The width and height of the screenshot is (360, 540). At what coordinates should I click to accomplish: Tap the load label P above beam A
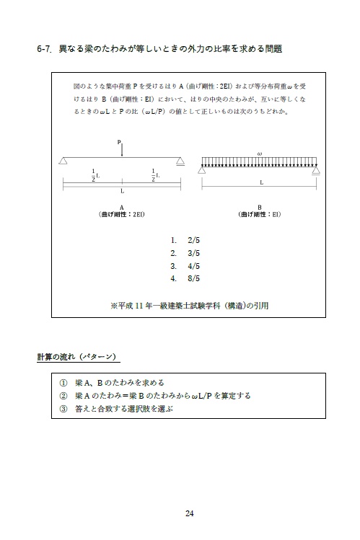click(120, 142)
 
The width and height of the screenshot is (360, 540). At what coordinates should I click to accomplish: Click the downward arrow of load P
click(122, 151)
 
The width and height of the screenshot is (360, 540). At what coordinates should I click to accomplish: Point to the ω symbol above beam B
click(259, 153)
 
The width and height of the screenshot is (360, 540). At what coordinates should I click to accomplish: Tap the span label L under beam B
click(260, 183)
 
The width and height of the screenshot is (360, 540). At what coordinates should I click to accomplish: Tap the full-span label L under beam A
click(122, 192)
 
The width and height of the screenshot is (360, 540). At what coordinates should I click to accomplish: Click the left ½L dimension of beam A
click(95, 175)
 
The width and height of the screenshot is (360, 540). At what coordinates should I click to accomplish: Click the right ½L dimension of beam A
click(155, 175)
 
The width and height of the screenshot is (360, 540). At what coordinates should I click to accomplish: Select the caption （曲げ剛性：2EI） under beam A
click(122, 214)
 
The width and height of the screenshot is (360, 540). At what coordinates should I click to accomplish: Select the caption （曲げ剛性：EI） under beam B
click(260, 214)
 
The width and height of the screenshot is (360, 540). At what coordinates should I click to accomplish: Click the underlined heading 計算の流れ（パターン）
click(78, 357)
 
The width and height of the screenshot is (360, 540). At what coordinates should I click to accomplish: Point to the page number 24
click(189, 513)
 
